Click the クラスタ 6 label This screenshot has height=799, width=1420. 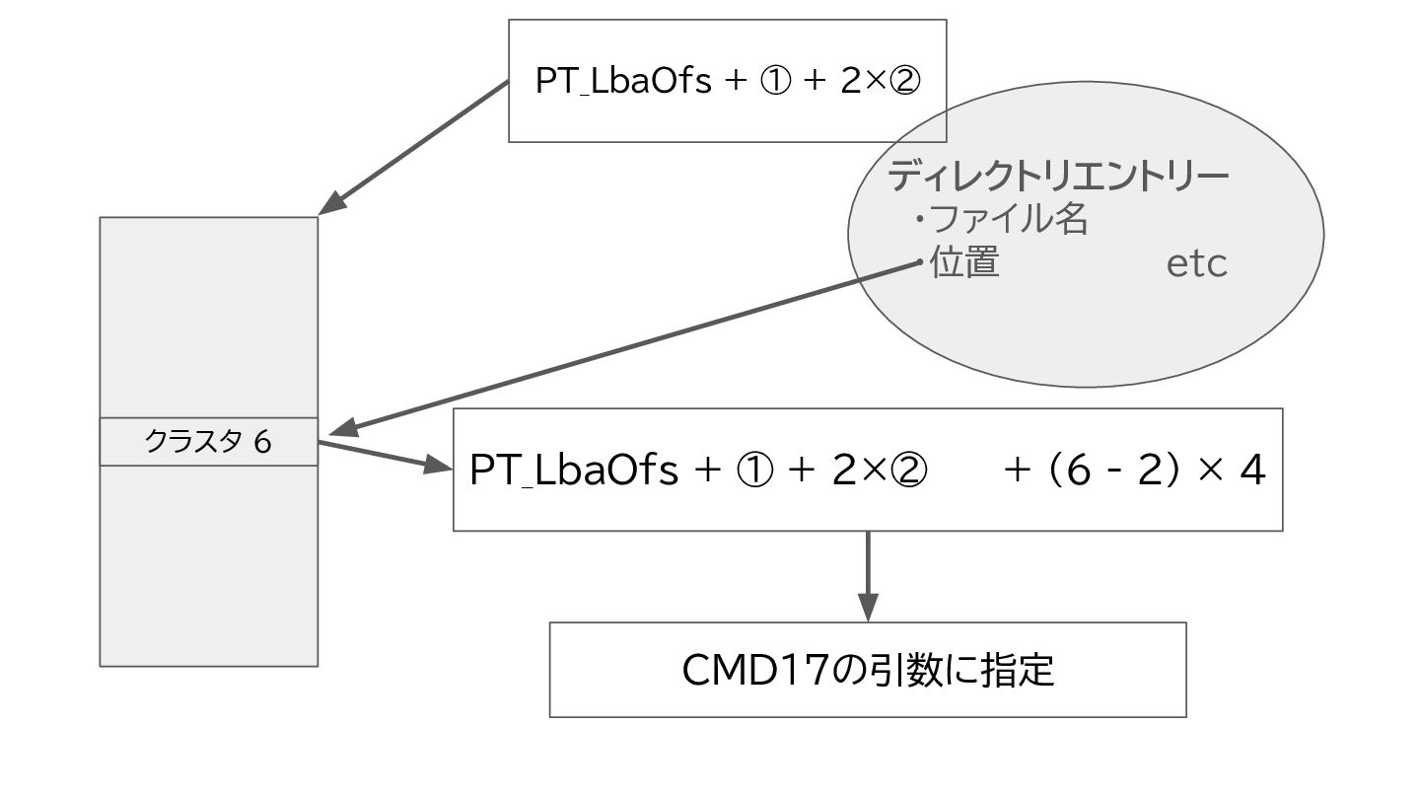(208, 442)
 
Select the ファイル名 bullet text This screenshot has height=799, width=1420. (1008, 219)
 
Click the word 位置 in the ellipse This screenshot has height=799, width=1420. (964, 262)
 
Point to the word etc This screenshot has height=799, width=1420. (1196, 264)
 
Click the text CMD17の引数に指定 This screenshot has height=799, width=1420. (868, 670)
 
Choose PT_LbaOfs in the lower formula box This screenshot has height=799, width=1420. (574, 471)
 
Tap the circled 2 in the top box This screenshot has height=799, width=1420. (903, 81)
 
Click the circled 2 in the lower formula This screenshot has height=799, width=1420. (907, 471)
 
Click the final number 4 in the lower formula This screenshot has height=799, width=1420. (1252, 471)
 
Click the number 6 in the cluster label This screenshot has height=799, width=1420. (261, 442)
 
